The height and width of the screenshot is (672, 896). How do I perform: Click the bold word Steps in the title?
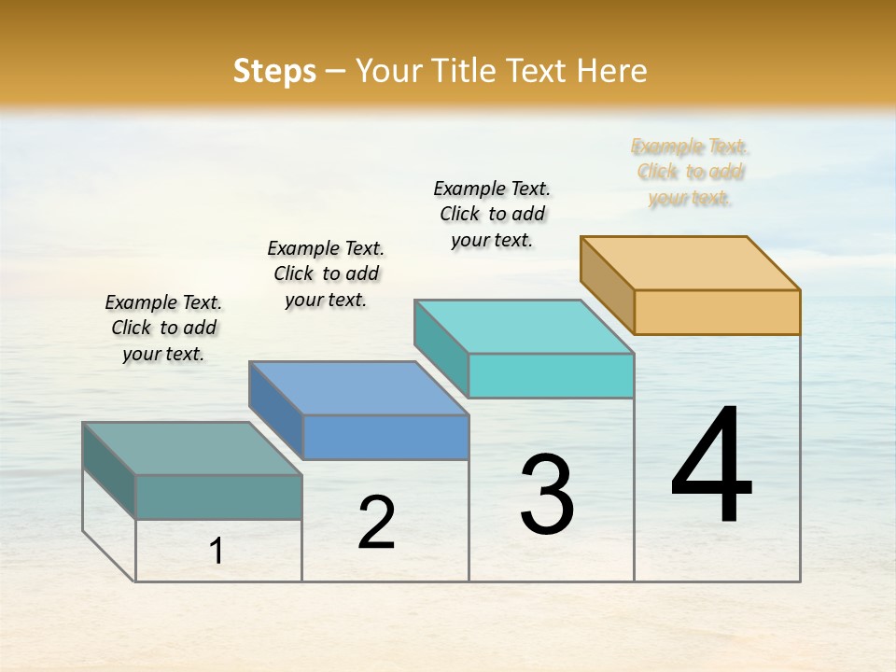[x=274, y=72]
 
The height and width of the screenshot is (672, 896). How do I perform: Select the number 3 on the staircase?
[x=547, y=495]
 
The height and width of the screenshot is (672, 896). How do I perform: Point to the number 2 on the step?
[x=377, y=523]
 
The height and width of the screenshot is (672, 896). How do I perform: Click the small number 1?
[x=217, y=552]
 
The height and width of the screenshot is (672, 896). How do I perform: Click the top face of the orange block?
[x=689, y=262]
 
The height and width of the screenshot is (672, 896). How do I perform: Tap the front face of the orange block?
[x=717, y=312]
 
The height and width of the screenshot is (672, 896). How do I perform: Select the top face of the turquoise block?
[x=523, y=326]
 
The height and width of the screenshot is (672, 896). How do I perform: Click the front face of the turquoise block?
[x=551, y=375]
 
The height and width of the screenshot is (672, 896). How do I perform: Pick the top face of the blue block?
[x=357, y=387]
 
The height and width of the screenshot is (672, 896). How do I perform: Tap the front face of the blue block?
[x=385, y=437]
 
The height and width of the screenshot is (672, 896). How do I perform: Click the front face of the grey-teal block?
[x=218, y=497]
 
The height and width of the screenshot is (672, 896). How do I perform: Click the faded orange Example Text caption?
[x=690, y=173]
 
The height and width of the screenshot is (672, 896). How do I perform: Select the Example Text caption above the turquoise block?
[x=492, y=214]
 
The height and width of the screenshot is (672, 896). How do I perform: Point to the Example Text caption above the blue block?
[x=326, y=273]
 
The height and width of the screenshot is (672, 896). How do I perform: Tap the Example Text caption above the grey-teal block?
[x=163, y=328]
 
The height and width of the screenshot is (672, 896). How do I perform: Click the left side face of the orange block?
[x=607, y=285]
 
